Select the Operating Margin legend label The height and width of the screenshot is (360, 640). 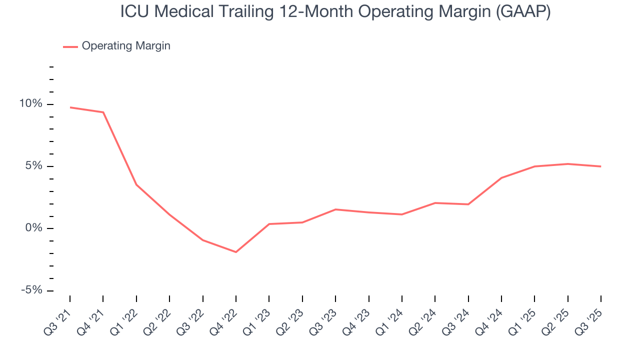click(126, 46)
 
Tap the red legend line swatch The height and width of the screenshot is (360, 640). click(70, 46)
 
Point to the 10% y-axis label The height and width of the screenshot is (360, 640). click(31, 104)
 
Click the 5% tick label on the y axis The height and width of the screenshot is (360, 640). click(34, 166)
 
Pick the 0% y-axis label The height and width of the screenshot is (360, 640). click(34, 228)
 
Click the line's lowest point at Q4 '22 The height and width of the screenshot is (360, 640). click(236, 252)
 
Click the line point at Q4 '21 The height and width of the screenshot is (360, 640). click(103, 112)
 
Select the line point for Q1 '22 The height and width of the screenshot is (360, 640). click(136, 185)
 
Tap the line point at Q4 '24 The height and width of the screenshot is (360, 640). click(501, 177)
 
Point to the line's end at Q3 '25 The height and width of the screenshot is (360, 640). click(600, 166)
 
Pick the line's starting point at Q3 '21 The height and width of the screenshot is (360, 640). click(70, 107)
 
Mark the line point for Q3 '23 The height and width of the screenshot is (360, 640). click(335, 209)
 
